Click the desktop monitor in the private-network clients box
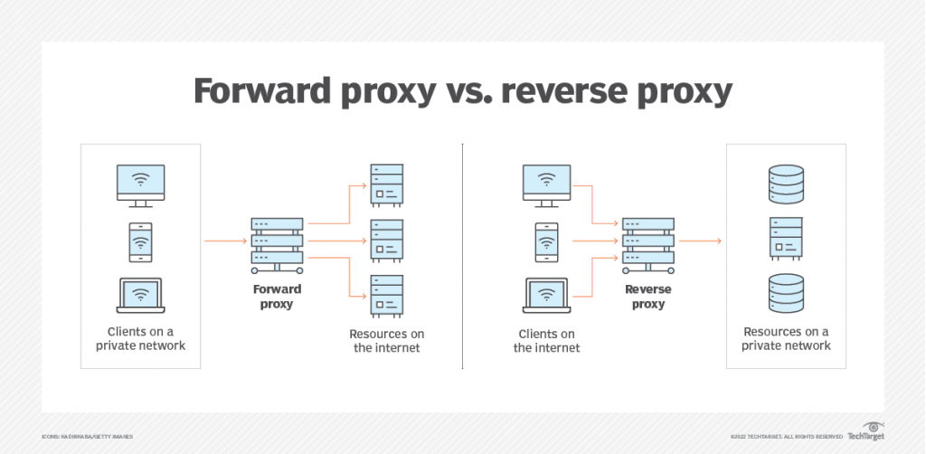(x=141, y=184)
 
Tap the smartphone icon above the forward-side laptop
(x=139, y=241)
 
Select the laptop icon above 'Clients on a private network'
(x=139, y=295)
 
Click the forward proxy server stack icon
(x=278, y=242)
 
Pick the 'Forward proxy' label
(x=278, y=297)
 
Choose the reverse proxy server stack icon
(x=647, y=242)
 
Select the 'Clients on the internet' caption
(x=547, y=340)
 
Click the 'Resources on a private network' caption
(x=786, y=338)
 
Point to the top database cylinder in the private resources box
(x=786, y=185)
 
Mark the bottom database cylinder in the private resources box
(x=786, y=295)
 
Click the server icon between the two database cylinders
(x=786, y=240)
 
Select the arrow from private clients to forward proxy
(x=225, y=241)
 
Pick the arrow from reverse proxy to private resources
(x=700, y=241)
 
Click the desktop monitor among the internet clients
(x=547, y=184)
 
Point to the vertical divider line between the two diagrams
(x=462, y=254)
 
